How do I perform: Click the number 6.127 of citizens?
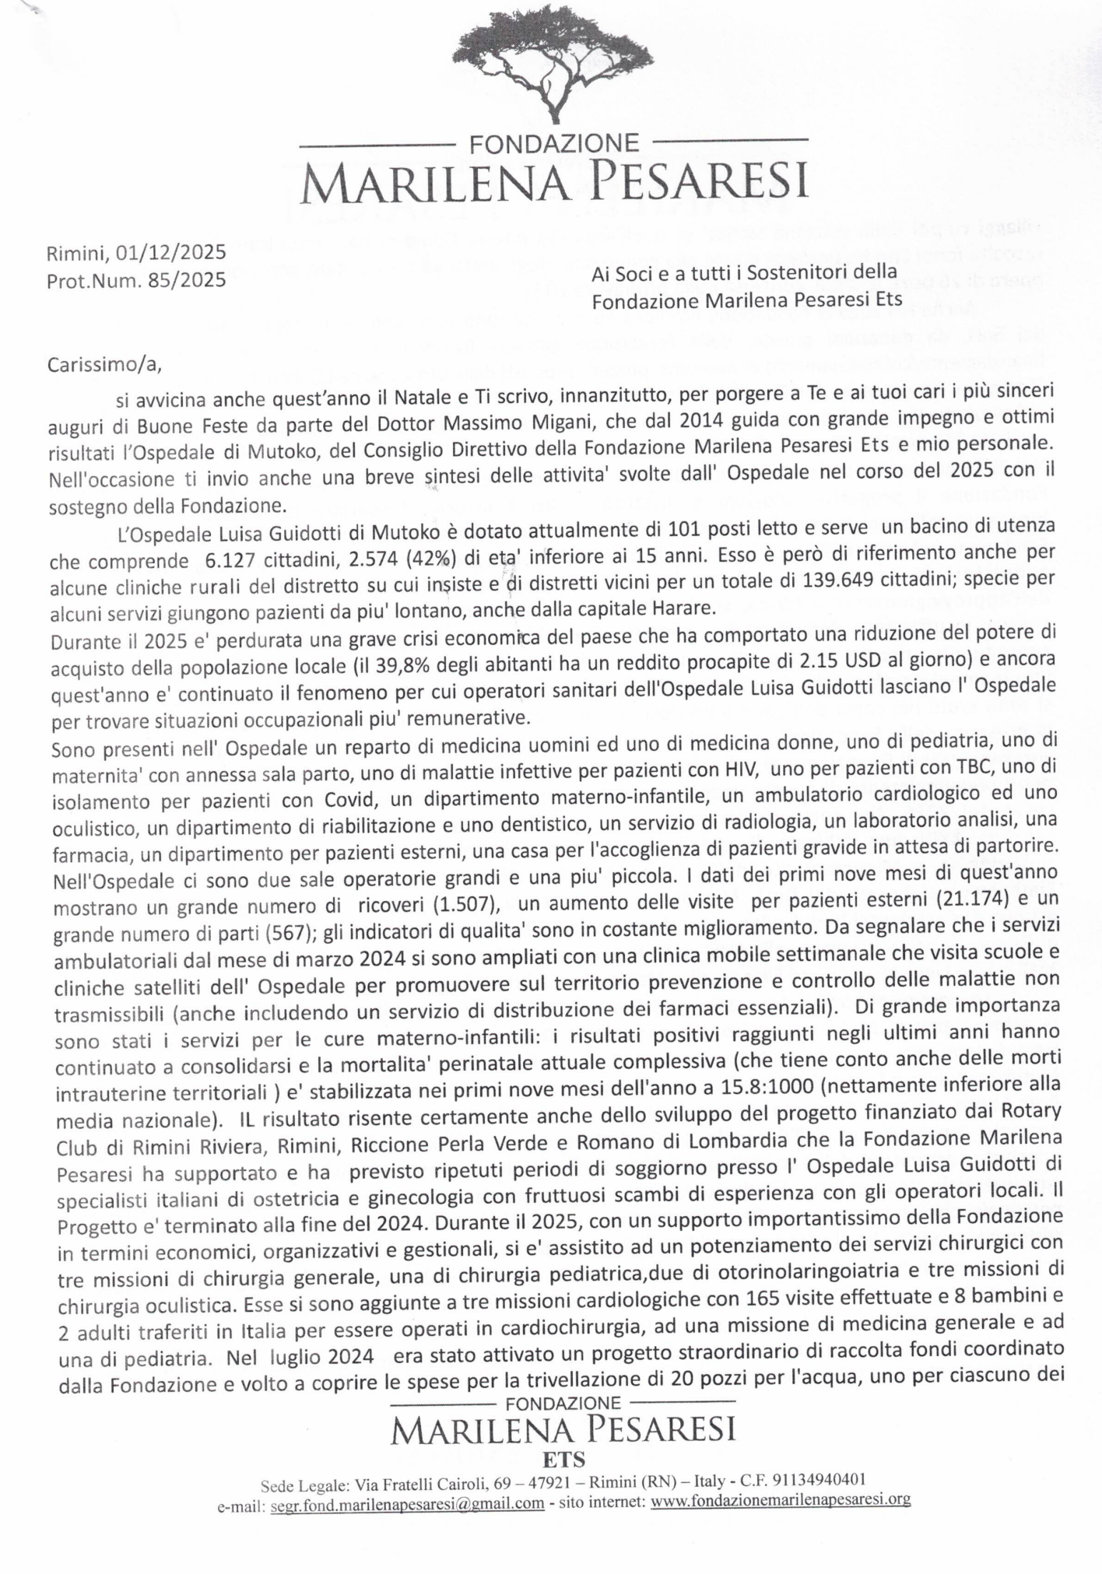point(230,562)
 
